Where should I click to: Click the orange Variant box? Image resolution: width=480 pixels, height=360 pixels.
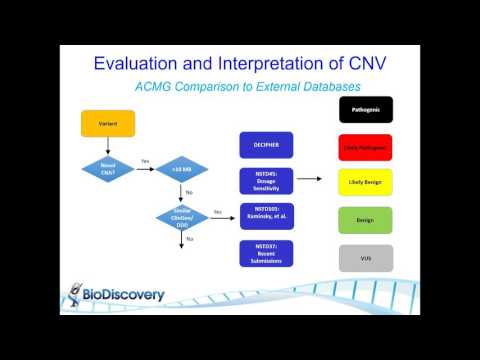pyautogui.click(x=107, y=123)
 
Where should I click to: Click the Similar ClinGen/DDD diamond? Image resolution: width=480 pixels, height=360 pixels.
pyautogui.click(x=180, y=215)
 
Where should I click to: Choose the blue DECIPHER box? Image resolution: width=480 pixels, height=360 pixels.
pyautogui.click(x=265, y=145)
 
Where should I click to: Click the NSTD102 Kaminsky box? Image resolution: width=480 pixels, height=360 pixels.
pyautogui.click(x=265, y=215)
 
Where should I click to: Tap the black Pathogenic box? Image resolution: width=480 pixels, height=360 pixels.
pyautogui.click(x=365, y=109)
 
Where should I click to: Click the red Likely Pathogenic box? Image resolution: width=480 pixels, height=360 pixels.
pyautogui.click(x=365, y=147)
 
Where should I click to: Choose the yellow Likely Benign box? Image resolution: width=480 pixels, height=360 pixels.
pyautogui.click(x=365, y=182)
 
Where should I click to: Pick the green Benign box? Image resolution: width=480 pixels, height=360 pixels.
pyautogui.click(x=365, y=219)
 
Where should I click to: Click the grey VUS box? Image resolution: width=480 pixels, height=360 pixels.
pyautogui.click(x=365, y=257)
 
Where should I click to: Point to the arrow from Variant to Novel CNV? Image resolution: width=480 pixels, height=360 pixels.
pyautogui.click(x=107, y=144)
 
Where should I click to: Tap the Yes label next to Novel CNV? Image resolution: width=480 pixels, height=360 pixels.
pyautogui.click(x=145, y=161)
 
